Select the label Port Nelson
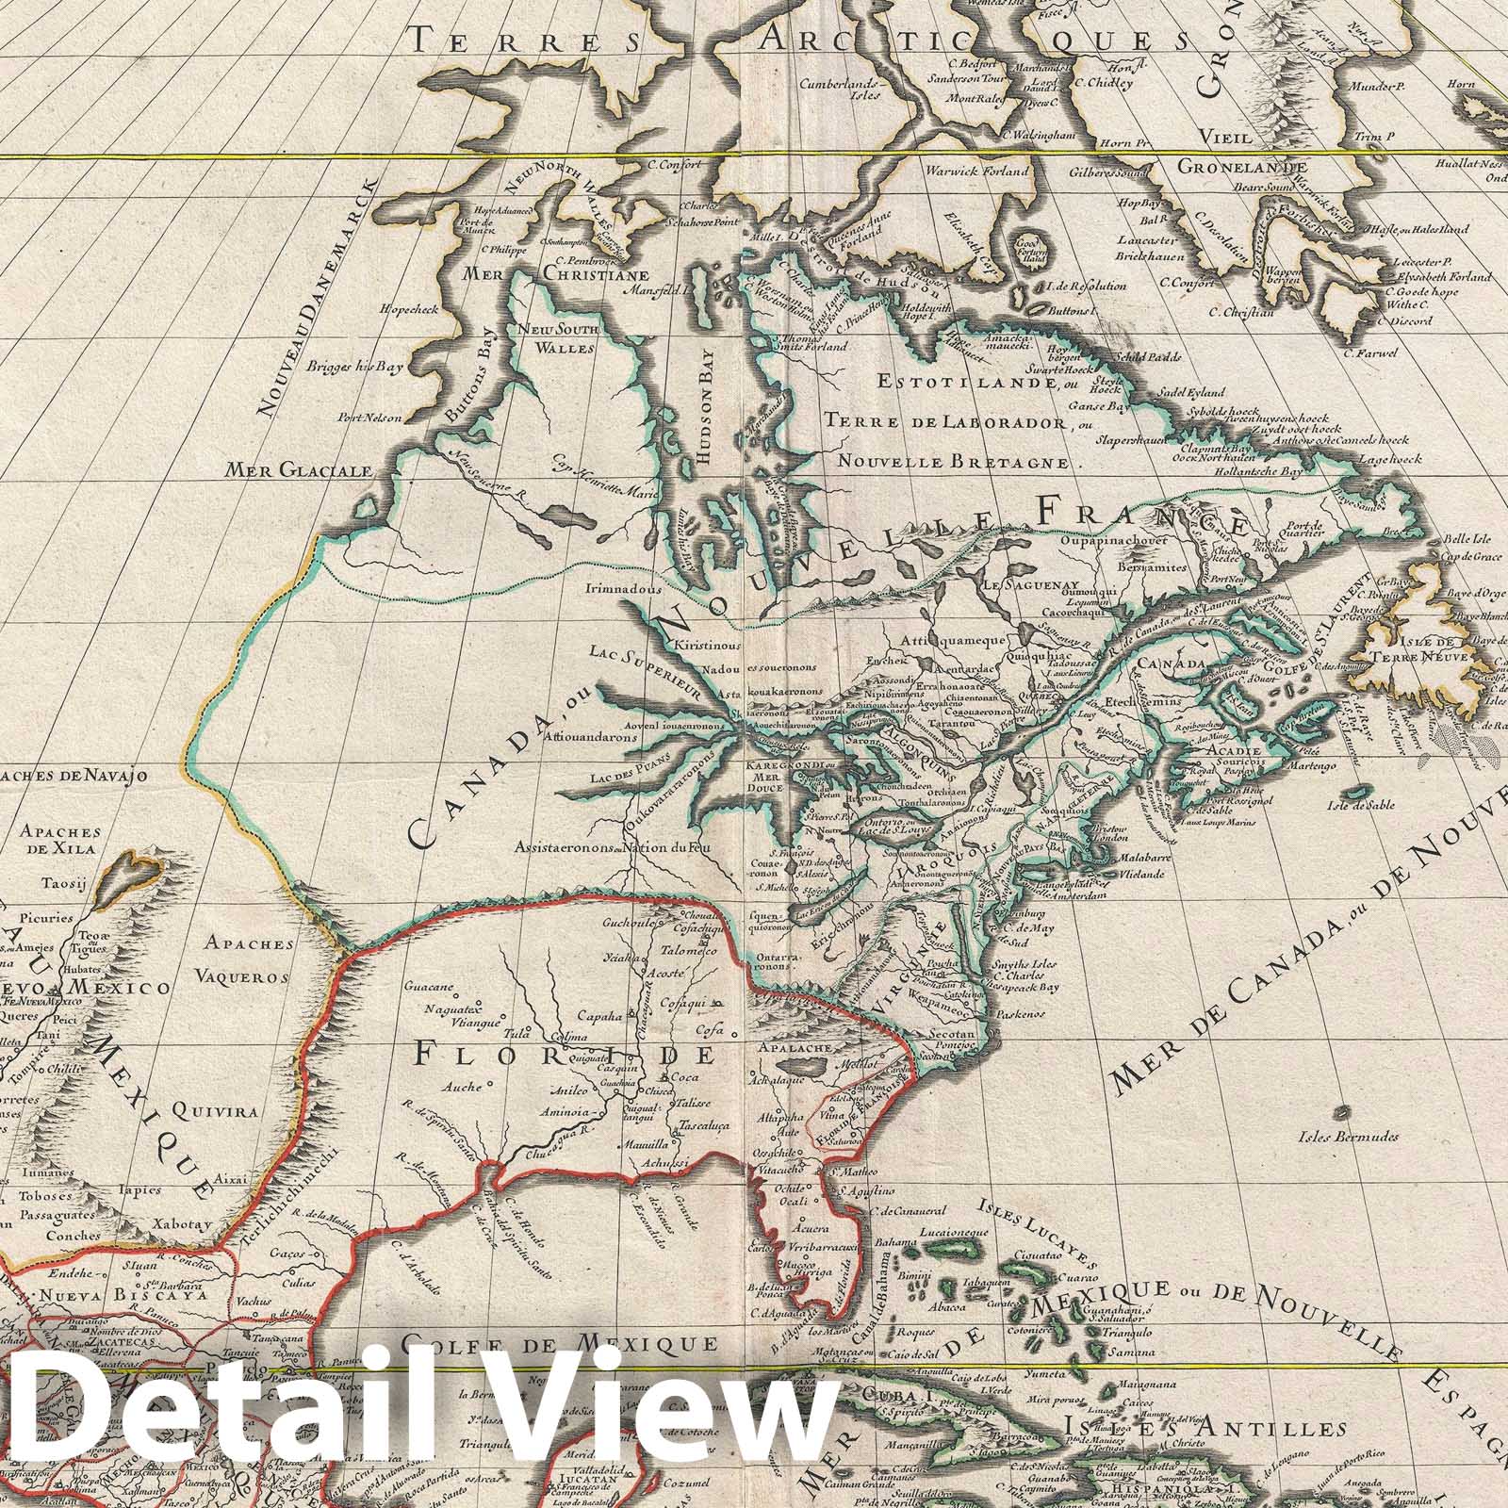pyautogui.click(x=371, y=418)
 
